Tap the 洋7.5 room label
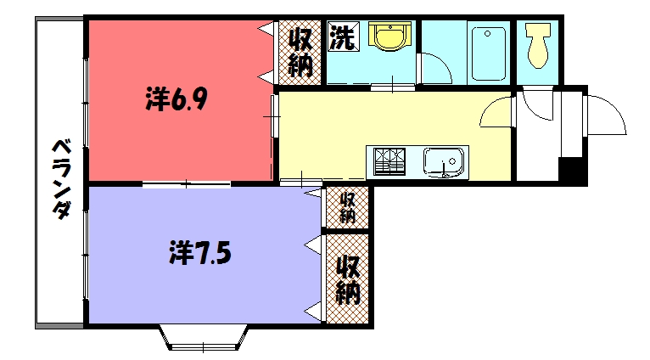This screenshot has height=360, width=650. pyautogui.click(x=200, y=252)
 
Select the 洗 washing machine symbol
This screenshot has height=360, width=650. pyautogui.click(x=343, y=38)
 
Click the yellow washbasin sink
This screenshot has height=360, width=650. pyautogui.click(x=390, y=37)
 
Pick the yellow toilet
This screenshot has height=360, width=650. pyautogui.click(x=537, y=45)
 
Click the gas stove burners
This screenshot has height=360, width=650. pyautogui.click(x=389, y=161)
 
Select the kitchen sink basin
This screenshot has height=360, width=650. pyautogui.click(x=444, y=161)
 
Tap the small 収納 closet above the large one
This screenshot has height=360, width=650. pyautogui.click(x=348, y=207)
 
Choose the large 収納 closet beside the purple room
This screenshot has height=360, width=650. pyautogui.click(x=348, y=278)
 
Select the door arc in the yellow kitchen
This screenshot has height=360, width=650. pyautogui.click(x=496, y=110)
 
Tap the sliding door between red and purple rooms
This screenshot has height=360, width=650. pyautogui.click(x=187, y=183)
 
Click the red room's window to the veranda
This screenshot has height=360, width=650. pyautogui.click(x=86, y=101)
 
